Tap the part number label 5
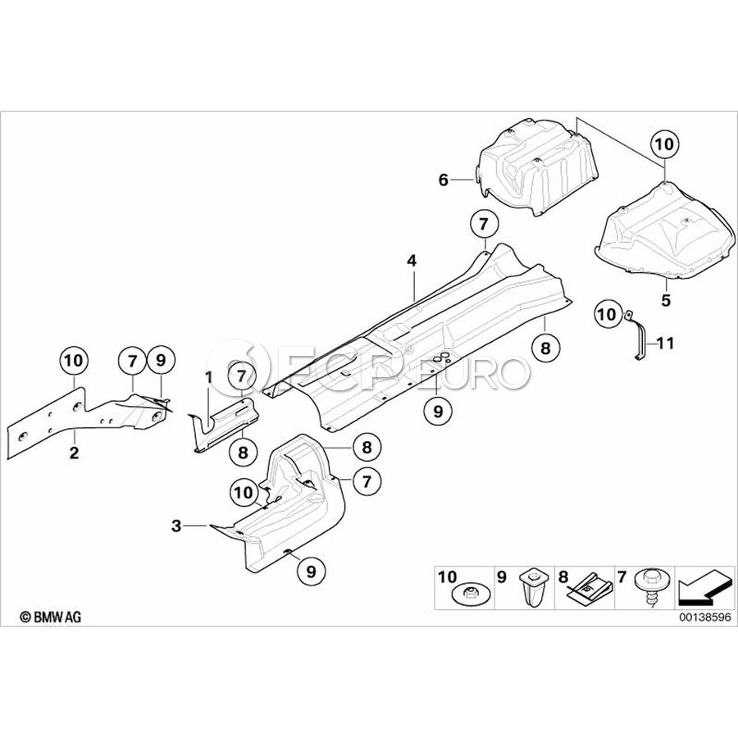[x=666, y=300]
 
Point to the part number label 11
[x=664, y=343]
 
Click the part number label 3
[x=176, y=526]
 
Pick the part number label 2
[x=74, y=453]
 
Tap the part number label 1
[x=208, y=377]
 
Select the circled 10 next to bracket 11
[x=608, y=312]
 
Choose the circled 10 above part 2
[x=73, y=358]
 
